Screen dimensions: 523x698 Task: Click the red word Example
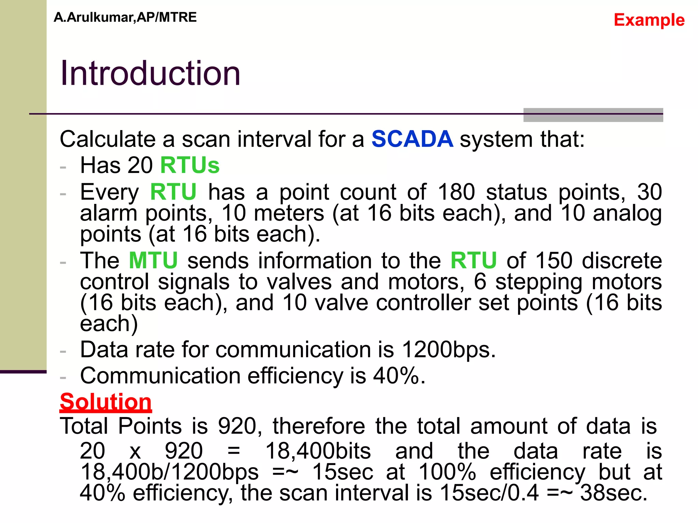[649, 20]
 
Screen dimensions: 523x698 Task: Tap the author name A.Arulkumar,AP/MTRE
[125, 17]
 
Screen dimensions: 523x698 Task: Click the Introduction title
[150, 73]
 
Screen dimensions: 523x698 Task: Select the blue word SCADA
[412, 139]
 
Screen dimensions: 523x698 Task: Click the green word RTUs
[190, 165]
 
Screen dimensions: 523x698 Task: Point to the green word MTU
[153, 261]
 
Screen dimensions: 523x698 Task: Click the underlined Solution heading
[106, 402]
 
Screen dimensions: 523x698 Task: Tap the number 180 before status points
[456, 192]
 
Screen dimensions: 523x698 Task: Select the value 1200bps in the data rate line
[448, 350]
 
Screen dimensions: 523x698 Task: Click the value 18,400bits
[318, 451]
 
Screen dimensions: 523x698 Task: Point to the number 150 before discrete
[554, 261]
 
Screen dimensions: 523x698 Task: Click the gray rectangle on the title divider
[593, 115]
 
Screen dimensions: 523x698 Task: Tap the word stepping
[538, 282]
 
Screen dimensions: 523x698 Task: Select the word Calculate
[108, 139]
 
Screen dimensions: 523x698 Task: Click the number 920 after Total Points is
[237, 426]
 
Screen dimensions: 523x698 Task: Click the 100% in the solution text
[447, 472]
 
